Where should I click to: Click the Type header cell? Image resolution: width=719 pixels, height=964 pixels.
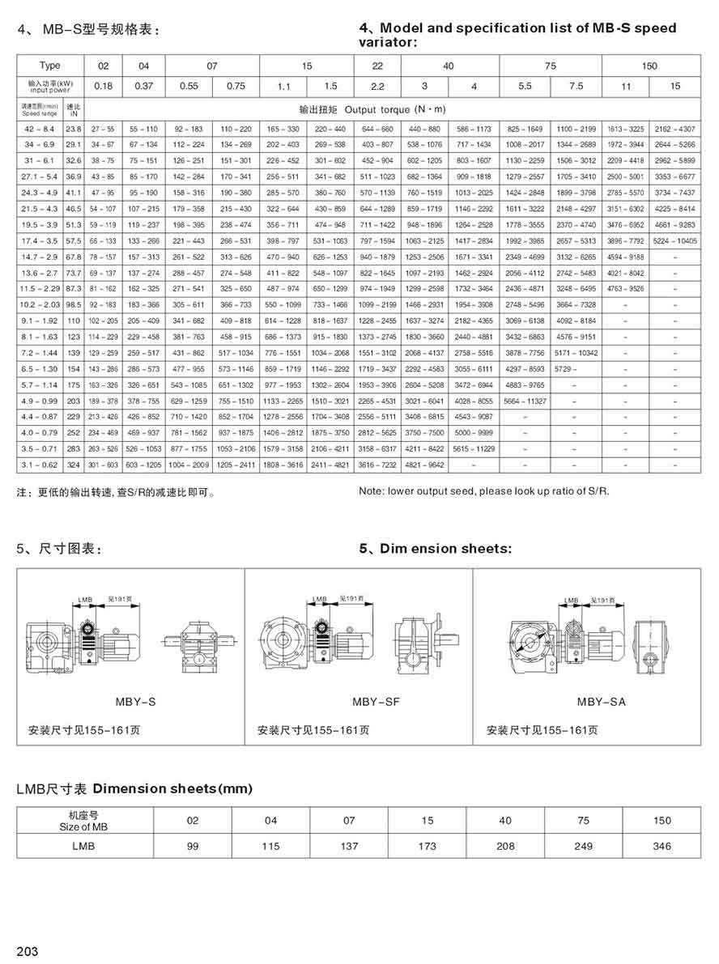click(x=49, y=66)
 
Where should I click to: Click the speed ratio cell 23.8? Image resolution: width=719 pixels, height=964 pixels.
click(x=74, y=130)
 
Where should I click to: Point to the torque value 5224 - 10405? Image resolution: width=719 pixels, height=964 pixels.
click(x=674, y=240)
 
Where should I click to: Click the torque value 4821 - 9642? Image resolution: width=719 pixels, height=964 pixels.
click(x=426, y=465)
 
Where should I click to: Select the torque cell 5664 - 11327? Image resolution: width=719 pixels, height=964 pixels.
click(x=525, y=401)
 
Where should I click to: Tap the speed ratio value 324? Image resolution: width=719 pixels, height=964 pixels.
click(x=74, y=465)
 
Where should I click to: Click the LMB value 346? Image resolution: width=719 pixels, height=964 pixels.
click(x=662, y=846)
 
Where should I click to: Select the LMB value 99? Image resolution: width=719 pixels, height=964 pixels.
click(x=193, y=846)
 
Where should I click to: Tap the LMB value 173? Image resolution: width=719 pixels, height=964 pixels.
click(x=428, y=846)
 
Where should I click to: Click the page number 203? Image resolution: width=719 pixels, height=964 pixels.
click(x=27, y=951)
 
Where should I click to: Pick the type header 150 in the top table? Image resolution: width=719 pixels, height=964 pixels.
click(x=649, y=66)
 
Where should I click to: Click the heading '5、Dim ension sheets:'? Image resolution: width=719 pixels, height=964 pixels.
click(x=435, y=549)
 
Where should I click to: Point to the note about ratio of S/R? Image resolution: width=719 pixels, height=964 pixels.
click(x=483, y=490)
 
